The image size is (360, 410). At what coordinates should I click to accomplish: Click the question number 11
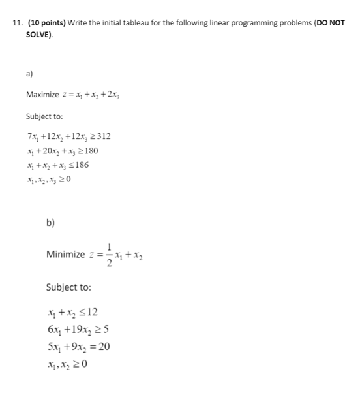click(x=17, y=22)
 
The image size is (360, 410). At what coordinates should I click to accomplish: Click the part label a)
click(x=29, y=74)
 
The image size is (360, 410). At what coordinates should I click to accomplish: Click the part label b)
click(x=50, y=223)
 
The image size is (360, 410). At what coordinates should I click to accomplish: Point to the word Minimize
click(x=65, y=255)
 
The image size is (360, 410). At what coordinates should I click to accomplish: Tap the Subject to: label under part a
click(x=44, y=116)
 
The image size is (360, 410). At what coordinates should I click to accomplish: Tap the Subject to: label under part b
click(x=68, y=287)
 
